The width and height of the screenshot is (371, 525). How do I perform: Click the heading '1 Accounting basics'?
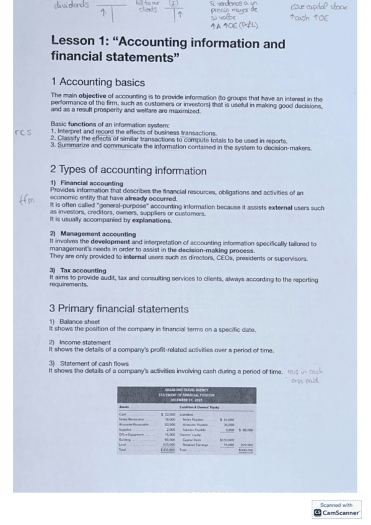click(x=98, y=83)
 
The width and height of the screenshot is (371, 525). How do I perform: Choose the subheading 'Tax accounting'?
click(x=83, y=271)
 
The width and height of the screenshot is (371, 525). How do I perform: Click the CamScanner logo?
click(x=337, y=513)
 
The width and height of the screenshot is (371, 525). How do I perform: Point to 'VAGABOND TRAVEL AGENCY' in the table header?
click(x=186, y=389)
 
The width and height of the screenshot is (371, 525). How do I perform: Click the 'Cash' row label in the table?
click(x=123, y=413)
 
